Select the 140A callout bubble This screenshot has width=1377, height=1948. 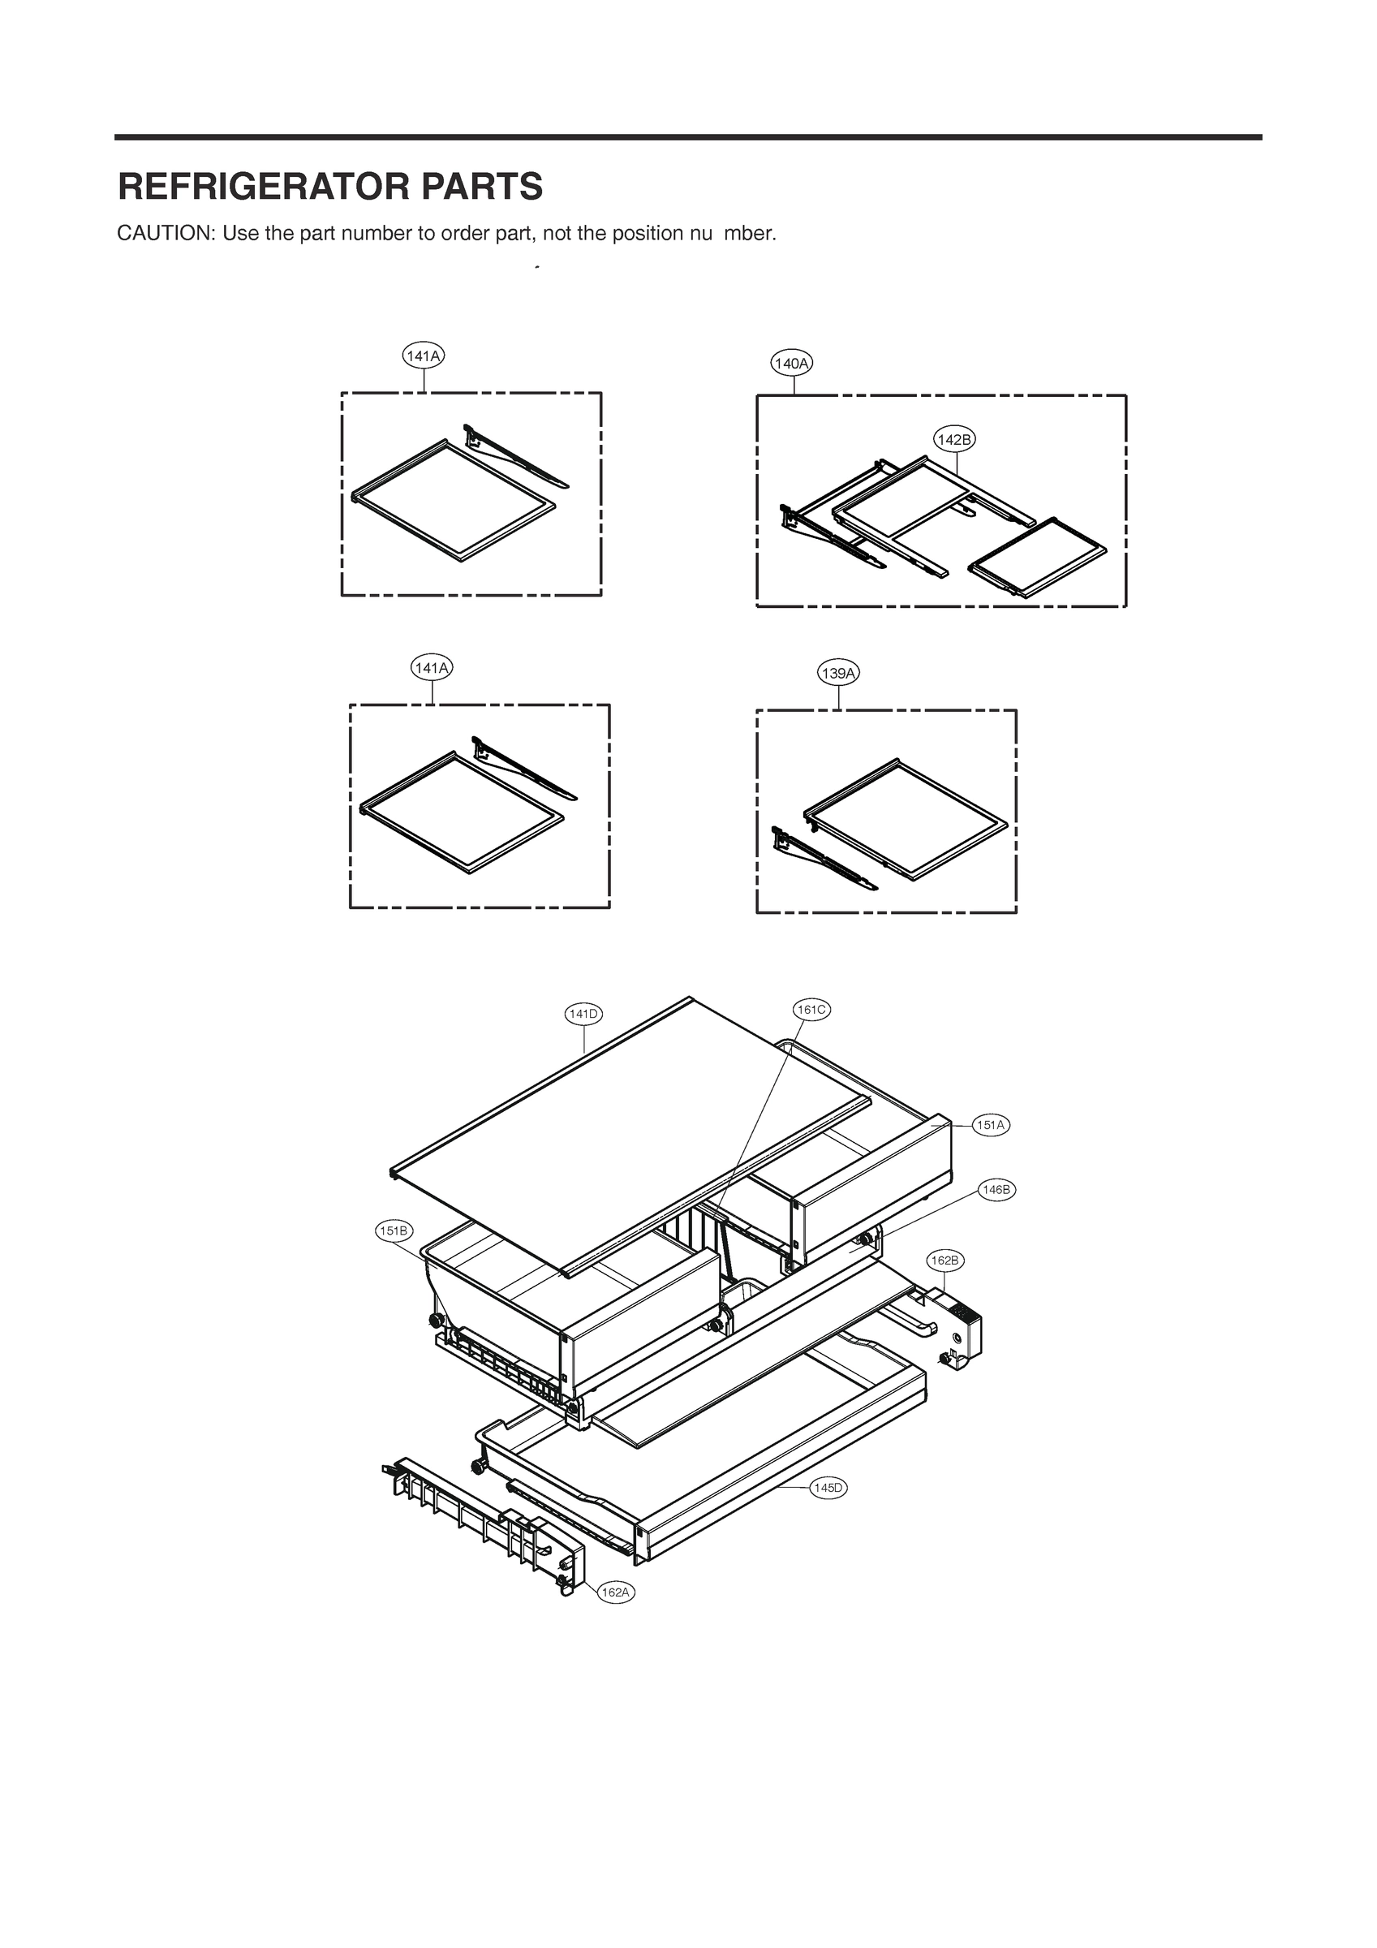point(792,364)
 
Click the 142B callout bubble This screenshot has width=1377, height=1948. point(954,439)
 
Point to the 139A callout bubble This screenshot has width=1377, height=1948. point(838,674)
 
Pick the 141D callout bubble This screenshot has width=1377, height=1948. point(583,1014)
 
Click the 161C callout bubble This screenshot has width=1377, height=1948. point(811,1010)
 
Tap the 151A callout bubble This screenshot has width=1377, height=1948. point(990,1125)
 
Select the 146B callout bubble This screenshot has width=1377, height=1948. point(996,1190)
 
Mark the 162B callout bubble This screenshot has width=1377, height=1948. point(945,1261)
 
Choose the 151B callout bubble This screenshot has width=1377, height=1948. point(394,1231)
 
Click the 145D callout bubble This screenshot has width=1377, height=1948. point(828,1487)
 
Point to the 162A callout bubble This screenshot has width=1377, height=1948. point(615,1592)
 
